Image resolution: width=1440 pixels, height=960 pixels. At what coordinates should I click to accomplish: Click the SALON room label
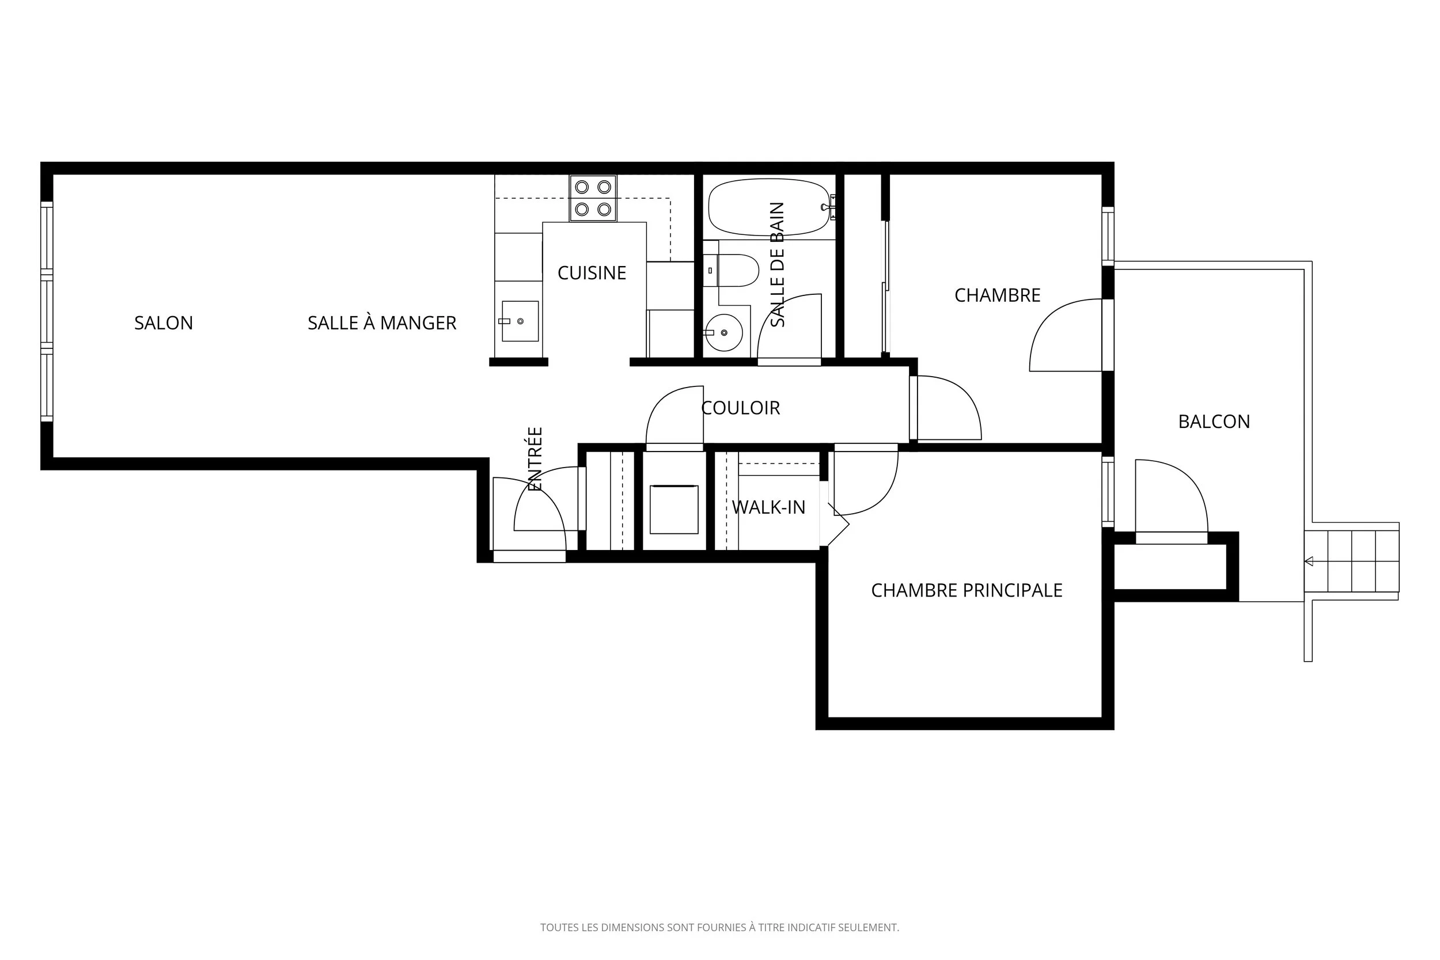[x=164, y=322]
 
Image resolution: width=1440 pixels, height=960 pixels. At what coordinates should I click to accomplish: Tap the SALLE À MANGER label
[x=382, y=322]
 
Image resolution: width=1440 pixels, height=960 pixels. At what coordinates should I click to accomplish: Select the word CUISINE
[x=592, y=273]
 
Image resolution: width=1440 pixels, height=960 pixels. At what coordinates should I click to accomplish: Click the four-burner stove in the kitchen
[x=593, y=198]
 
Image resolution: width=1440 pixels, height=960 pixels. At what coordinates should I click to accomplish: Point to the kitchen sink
[x=519, y=321]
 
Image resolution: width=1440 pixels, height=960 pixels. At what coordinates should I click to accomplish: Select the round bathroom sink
[x=723, y=332]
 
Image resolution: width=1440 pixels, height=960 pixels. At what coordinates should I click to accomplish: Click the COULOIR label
[x=740, y=408]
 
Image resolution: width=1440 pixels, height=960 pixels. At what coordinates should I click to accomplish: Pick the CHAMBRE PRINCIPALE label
[x=967, y=590]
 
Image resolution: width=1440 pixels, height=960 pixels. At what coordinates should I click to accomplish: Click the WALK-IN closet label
[x=768, y=507]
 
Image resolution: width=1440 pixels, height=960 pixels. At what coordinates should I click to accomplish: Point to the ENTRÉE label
[x=535, y=459]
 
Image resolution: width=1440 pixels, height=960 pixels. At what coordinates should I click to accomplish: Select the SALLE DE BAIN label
[x=777, y=264]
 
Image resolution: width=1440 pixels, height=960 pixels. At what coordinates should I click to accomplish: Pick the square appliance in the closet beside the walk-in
[x=673, y=510]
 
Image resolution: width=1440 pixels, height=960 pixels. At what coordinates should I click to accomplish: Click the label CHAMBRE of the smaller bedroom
[x=998, y=295]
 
